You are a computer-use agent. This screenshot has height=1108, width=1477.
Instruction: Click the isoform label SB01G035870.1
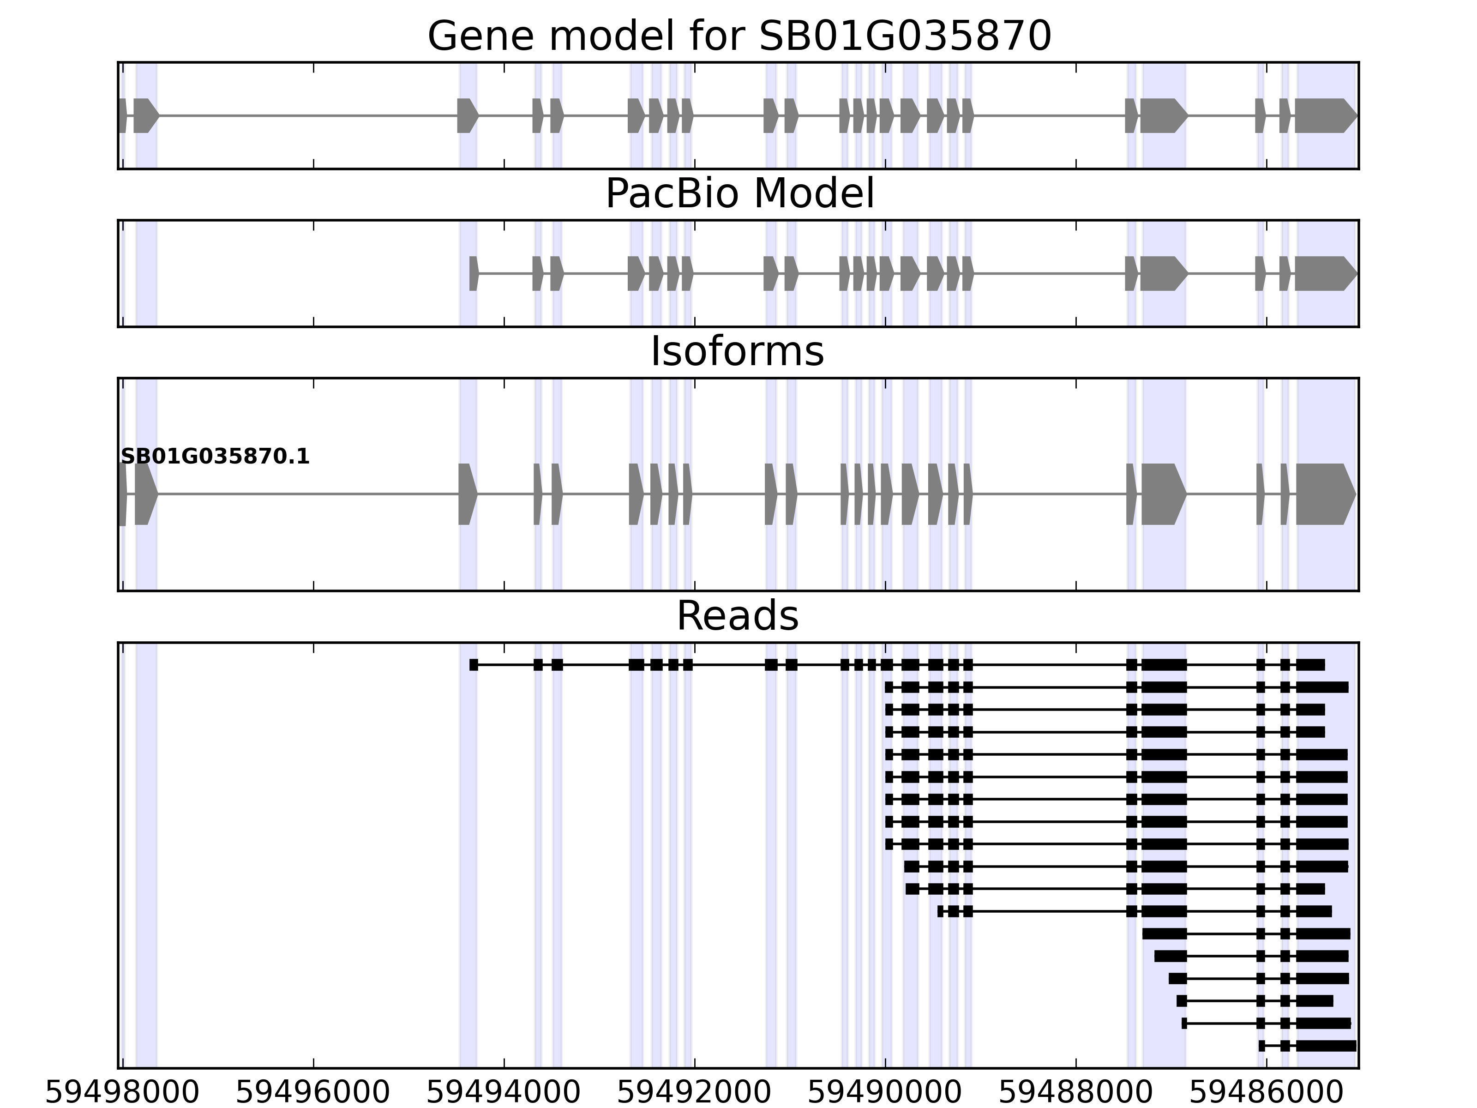(215, 457)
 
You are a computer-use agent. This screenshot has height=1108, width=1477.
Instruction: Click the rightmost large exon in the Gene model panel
(1324, 115)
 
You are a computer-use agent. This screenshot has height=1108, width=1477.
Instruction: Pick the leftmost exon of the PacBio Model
(474, 273)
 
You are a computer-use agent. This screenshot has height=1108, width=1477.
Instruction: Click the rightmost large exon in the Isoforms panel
(1324, 494)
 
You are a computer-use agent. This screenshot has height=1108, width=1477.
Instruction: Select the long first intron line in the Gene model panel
(307, 115)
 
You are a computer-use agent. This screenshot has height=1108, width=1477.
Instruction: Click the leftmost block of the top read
(474, 664)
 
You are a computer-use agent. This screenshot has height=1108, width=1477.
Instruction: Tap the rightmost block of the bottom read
(1326, 1046)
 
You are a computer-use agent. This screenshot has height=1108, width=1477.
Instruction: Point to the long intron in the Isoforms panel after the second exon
(307, 494)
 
